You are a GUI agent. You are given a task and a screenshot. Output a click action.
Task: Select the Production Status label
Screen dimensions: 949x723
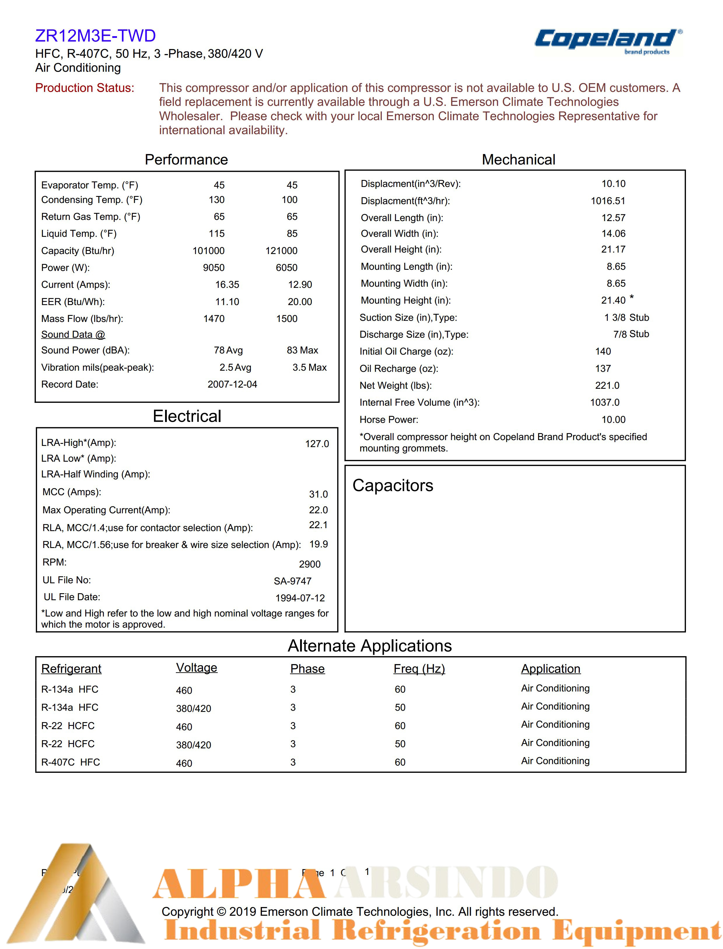[85, 88]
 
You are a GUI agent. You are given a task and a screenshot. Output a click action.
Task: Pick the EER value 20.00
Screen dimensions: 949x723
[300, 302]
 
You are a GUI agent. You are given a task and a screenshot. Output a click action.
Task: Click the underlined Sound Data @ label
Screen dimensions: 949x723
[73, 335]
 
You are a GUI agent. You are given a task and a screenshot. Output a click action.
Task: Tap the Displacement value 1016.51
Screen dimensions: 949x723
[608, 201]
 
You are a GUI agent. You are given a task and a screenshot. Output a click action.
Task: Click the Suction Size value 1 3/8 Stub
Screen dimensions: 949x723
[626, 318]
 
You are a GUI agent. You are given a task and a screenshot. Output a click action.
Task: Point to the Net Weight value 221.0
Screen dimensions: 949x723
[607, 386]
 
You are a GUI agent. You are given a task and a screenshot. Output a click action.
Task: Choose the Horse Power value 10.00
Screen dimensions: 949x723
[613, 420]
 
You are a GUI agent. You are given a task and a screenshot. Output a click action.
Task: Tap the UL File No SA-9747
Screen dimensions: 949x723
[292, 581]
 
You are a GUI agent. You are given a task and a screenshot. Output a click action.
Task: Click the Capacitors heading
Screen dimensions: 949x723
[393, 486]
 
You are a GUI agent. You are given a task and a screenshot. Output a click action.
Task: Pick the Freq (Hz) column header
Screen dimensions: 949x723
[419, 669]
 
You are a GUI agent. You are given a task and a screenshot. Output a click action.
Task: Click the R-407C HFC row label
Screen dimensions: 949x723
[71, 762]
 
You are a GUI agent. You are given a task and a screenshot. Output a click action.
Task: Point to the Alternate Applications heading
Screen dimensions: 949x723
[370, 646]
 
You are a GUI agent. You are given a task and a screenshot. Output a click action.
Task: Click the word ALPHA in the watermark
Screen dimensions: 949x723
[239, 884]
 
